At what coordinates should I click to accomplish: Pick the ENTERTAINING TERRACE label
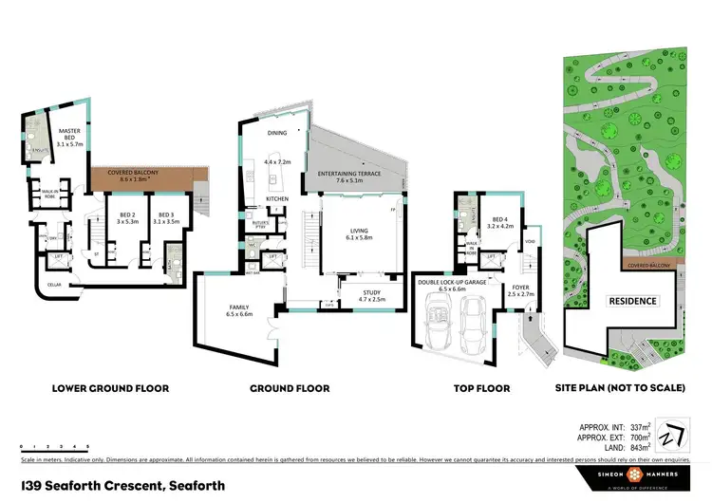(x=350, y=174)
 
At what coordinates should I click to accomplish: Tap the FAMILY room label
(x=238, y=307)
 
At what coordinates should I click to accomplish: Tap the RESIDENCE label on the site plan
(x=632, y=301)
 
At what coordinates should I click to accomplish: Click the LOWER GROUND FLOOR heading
(x=111, y=388)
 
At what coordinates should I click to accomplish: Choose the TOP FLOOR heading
(x=481, y=388)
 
